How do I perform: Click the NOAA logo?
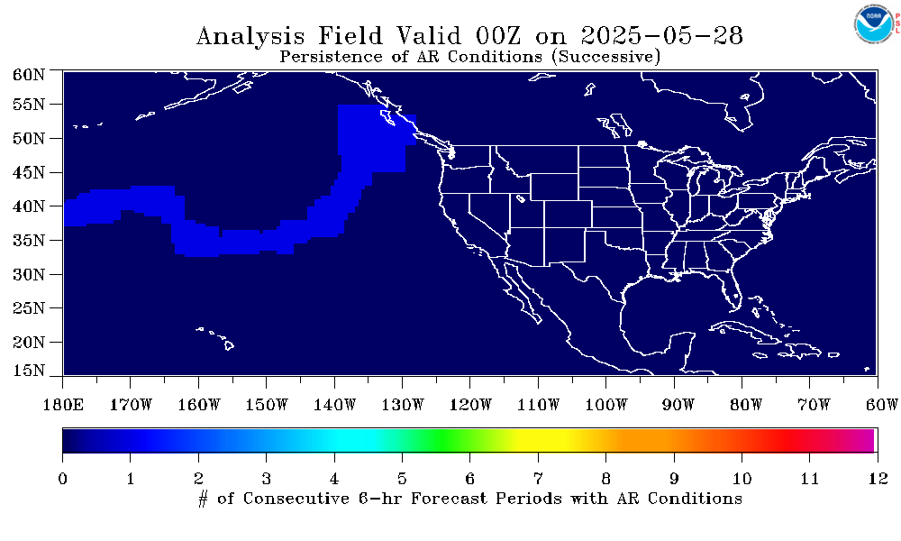coord(874,24)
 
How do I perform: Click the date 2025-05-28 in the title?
coord(661,36)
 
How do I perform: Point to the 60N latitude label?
coord(28,74)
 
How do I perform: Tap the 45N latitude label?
coord(28,172)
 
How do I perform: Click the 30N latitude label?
coord(28,274)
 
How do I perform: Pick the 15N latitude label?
coord(28,370)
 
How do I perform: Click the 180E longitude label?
coord(63,405)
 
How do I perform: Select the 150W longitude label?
coord(266,405)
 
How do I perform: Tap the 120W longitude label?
coord(470,405)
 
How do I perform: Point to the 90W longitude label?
coord(678,405)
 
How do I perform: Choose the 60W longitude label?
coord(881,405)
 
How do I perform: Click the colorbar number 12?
coord(878,478)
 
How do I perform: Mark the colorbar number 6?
coord(470,478)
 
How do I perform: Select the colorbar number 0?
coord(63,478)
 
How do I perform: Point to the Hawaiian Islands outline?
coord(216,337)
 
